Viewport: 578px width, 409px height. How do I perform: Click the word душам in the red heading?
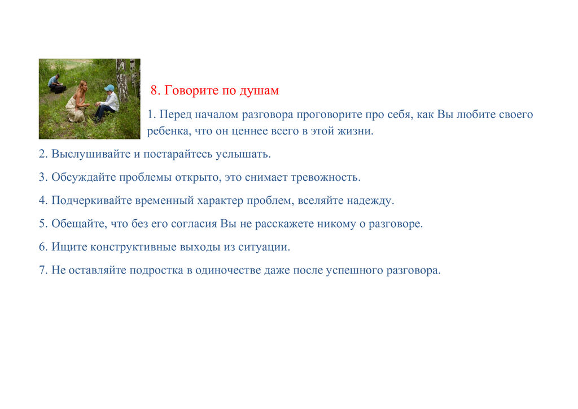[x=259, y=91]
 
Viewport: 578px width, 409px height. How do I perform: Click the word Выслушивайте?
[x=91, y=154]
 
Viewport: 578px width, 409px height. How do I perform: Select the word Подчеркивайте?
[x=92, y=201]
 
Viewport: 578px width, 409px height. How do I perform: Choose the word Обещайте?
[x=79, y=224]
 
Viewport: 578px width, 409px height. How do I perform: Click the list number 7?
[x=43, y=271]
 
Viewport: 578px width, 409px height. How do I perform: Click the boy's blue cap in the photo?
[x=109, y=88]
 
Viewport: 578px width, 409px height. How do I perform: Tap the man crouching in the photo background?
[x=57, y=85]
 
